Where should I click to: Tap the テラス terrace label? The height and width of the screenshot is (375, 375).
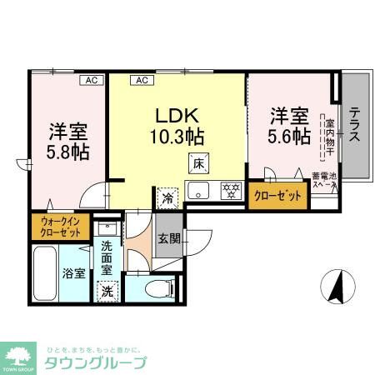[x=354, y=125]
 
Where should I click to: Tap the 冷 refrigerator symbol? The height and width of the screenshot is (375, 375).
[x=167, y=200]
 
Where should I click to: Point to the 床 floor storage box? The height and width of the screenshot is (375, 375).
[x=198, y=163]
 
